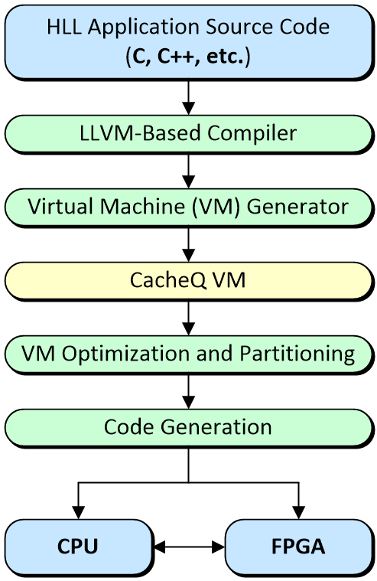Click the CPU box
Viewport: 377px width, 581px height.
[79, 547]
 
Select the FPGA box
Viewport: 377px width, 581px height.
[298, 547]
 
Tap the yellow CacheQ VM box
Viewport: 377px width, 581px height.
[188, 280]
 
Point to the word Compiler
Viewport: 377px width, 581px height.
[252, 134]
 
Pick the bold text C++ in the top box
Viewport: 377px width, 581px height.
[175, 57]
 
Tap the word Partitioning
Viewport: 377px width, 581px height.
[297, 354]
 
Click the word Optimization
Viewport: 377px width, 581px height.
[126, 354]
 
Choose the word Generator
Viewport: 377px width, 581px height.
[297, 207]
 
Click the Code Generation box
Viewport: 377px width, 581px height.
[188, 428]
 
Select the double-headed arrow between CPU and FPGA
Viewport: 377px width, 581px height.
[189, 547]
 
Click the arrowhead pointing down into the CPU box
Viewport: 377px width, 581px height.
[78, 513]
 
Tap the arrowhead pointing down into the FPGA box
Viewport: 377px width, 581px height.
[298, 513]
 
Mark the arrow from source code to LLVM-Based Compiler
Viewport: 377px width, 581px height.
[188, 97]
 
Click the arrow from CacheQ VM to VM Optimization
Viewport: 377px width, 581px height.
[188, 318]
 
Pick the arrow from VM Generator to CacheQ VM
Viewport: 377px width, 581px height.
[188, 244]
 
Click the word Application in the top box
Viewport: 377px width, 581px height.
[144, 28]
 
